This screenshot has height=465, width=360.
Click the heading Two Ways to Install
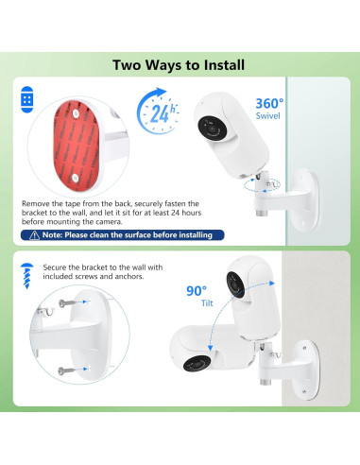179,65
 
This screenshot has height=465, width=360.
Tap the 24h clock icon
158,111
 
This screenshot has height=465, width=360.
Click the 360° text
269,103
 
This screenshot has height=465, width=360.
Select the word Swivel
267,116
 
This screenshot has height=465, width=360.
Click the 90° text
197,291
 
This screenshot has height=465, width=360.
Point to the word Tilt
207,303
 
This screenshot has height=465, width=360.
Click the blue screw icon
26,276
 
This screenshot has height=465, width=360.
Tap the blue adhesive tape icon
27,99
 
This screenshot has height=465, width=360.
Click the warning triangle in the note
34,235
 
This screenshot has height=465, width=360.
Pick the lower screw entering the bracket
66,370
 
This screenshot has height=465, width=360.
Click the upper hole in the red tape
76,113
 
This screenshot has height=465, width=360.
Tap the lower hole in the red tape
76,178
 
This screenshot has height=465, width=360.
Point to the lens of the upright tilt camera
235,285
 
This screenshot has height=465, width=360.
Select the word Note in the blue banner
51,235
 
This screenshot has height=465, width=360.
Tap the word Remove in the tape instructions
33,203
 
